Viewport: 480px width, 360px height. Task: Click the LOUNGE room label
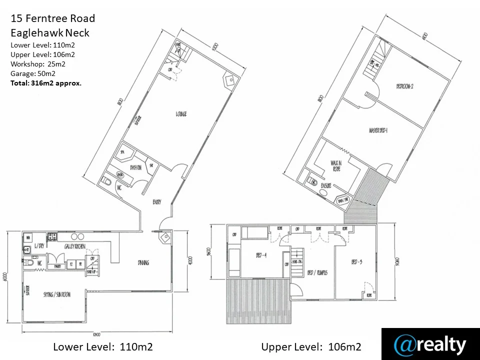[181, 114]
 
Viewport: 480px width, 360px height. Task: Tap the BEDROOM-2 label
[404, 86]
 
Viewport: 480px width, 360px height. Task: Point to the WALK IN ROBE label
[335, 165]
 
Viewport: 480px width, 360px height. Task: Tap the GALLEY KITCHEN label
[74, 246]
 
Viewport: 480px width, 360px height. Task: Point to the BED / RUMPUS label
[317, 272]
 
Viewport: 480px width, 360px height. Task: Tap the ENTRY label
[156, 201]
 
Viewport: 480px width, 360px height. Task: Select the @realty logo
[430, 344]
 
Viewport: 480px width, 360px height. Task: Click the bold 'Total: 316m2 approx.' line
[46, 83]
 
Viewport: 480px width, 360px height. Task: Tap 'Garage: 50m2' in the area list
[33, 73]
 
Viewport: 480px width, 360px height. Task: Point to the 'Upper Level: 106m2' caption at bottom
[311, 346]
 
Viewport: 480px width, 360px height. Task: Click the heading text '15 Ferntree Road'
[52, 19]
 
